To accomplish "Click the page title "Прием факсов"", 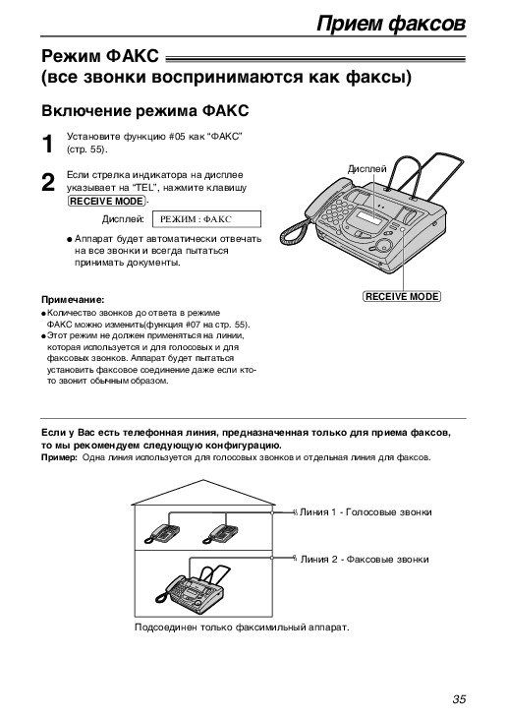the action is [391, 24].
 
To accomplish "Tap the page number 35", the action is [459, 699].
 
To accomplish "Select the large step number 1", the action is [48, 145].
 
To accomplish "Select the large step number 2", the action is [48, 183].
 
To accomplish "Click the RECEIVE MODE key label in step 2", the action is [107, 202].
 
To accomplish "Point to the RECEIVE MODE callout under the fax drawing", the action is [402, 296].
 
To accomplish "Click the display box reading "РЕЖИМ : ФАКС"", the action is [206, 219].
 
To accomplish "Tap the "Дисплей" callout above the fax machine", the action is [366, 169].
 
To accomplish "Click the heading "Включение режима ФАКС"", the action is [145, 111].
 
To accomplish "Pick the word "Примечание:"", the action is [73, 300].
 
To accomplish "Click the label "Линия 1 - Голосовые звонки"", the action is [366, 512].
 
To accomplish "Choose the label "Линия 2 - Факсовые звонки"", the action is [365, 560].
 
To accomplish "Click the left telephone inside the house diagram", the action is [162, 533].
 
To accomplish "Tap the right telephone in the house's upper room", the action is [220, 533].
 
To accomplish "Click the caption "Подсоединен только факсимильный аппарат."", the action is [242, 627].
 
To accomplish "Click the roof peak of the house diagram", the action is [203, 479].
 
